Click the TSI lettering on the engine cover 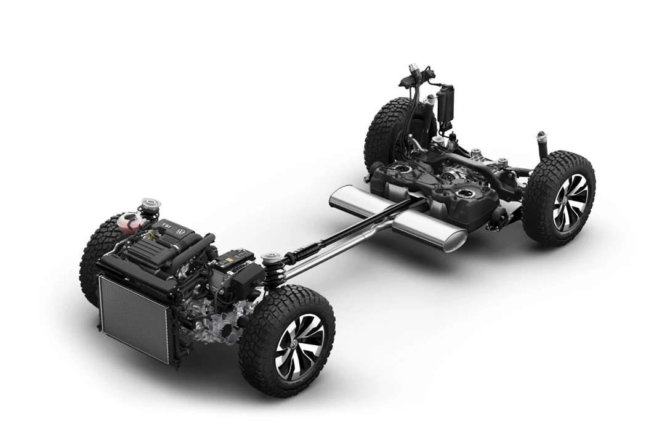(x=166, y=226)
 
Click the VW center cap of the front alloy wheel (x=294, y=345)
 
